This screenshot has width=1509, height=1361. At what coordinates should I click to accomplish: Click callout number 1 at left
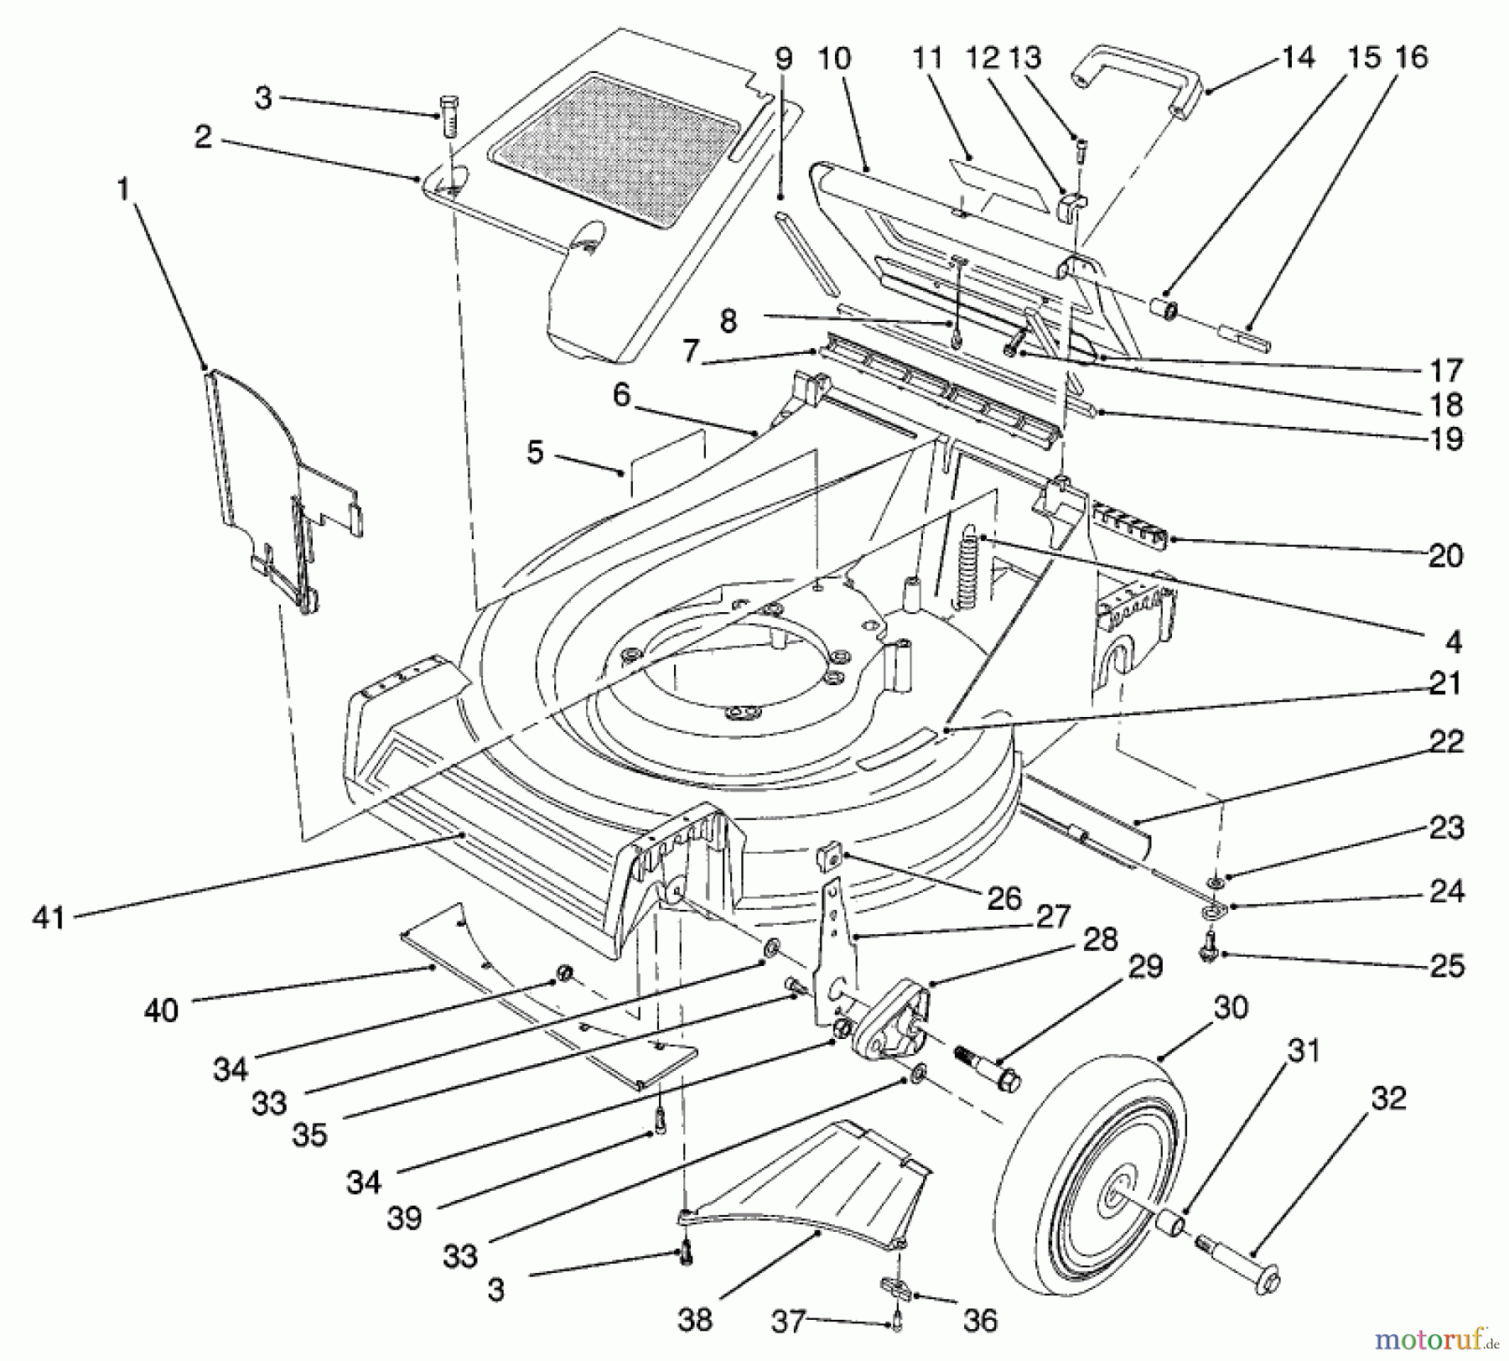[x=123, y=190]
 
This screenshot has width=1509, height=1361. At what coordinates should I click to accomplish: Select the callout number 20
[x=1446, y=555]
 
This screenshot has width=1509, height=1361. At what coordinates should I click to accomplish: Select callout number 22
[x=1446, y=741]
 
